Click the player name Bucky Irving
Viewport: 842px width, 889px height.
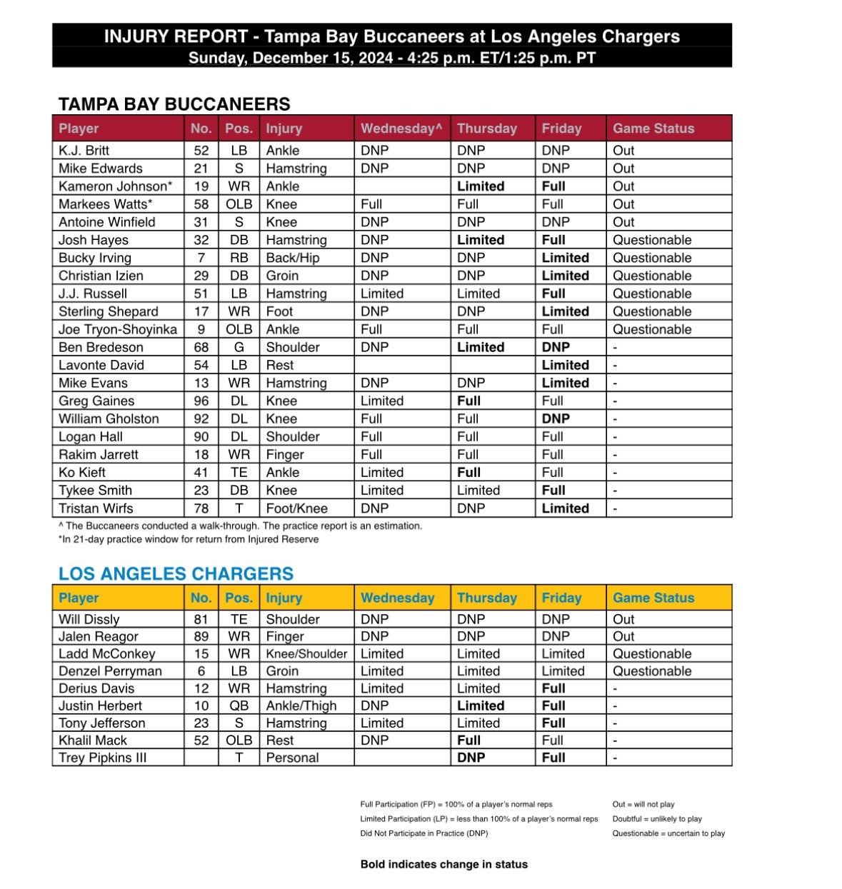(94, 258)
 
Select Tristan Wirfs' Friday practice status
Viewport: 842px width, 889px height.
(565, 508)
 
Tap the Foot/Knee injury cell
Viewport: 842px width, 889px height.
(296, 508)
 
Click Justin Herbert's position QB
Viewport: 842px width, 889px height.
(239, 705)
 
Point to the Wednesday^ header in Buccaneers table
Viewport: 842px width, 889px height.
(401, 129)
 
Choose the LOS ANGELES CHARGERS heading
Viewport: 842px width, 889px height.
(176, 574)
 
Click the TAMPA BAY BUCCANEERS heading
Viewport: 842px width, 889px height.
(174, 104)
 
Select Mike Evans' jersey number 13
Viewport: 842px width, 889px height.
(201, 383)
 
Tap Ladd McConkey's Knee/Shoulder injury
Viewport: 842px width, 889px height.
(306, 654)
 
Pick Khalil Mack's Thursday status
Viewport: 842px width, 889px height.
(468, 740)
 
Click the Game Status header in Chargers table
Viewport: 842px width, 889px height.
(653, 598)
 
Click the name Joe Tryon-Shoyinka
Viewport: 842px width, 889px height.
(118, 329)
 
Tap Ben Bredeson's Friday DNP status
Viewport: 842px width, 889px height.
(556, 347)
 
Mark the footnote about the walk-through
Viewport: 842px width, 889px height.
(240, 526)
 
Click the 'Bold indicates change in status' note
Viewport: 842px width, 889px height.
(443, 864)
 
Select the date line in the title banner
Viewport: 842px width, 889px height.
(391, 58)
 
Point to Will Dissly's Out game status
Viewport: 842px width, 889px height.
(623, 619)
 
